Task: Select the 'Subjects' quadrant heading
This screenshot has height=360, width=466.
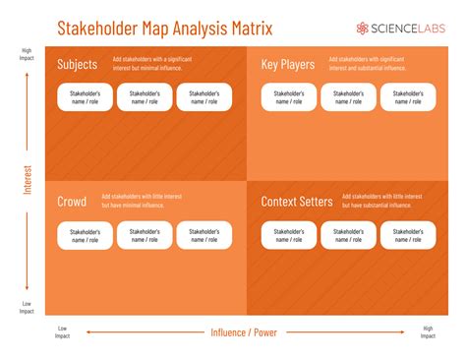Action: coord(78,65)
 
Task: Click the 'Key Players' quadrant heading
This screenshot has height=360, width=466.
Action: coord(288,65)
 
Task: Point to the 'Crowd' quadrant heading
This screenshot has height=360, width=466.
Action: coord(72,202)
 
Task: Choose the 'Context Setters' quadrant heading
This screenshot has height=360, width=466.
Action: coord(297,202)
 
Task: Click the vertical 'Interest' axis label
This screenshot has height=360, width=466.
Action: coord(28,179)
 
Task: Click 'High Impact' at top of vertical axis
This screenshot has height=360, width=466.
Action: coord(27,54)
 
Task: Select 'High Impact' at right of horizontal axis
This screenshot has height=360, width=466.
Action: coord(428,331)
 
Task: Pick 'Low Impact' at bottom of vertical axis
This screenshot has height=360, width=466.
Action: coord(27,308)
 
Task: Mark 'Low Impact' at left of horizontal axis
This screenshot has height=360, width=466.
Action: coord(63,331)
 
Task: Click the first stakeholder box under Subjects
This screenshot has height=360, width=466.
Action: coord(86,97)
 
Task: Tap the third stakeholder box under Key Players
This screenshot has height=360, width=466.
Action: coord(408,97)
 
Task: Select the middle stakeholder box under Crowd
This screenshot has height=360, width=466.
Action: coord(145,235)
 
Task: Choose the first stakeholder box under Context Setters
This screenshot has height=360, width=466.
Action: coord(289,235)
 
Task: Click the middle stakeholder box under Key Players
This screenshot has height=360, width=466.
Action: coord(348,97)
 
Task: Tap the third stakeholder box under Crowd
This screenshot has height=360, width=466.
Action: coord(204,235)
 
